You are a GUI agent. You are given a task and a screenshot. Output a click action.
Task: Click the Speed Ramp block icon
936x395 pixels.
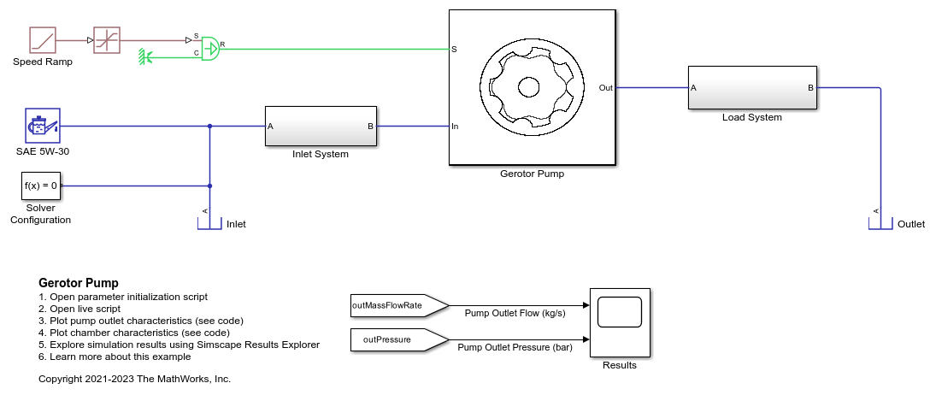(42, 39)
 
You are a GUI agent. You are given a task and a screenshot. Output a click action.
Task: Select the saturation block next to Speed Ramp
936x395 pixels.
(107, 39)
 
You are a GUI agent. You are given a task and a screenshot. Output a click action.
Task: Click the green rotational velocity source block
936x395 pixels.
(209, 48)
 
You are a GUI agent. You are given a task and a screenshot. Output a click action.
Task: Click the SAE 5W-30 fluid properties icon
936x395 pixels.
(42, 126)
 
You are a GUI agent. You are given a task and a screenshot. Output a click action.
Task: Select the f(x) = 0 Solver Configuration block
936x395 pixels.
(41, 186)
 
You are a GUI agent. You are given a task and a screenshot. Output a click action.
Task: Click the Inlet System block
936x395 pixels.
(321, 127)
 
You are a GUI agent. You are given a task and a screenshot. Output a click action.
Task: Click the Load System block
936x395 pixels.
(752, 87)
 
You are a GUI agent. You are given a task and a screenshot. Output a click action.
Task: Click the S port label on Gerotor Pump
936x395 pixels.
(454, 50)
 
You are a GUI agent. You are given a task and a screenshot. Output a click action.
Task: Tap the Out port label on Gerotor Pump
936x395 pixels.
(605, 87)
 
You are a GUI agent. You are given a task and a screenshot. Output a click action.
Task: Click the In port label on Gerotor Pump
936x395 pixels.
(456, 127)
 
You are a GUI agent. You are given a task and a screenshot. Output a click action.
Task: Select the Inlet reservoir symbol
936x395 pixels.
(209, 223)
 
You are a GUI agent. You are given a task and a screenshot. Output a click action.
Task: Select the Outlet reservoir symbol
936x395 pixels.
(880, 223)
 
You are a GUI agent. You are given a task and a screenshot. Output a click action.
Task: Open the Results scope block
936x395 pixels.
(619, 322)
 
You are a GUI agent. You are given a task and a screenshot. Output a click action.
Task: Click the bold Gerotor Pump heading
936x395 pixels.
(79, 283)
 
